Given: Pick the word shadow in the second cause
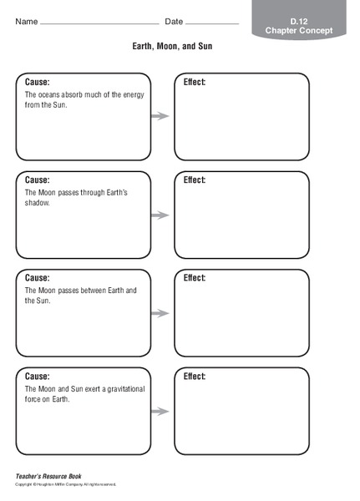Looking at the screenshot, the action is pos(37,203).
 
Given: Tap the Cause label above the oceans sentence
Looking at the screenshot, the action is pos(37,82).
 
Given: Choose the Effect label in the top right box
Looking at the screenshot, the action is pos(195,82).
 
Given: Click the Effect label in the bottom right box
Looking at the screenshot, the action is pos(195,377).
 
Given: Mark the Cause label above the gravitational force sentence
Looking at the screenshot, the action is pos(37,377).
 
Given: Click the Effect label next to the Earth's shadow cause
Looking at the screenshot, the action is pos(195,180).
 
